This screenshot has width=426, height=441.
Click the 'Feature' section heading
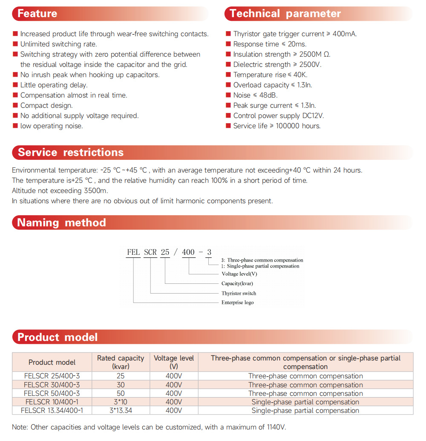pos(37,14)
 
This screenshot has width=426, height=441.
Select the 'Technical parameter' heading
pos(285,14)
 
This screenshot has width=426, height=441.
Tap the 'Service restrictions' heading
pos(71,153)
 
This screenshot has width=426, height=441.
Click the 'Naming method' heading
pos(61,222)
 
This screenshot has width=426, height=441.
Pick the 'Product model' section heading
pos(58,337)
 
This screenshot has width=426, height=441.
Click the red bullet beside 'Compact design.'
pos(15,105)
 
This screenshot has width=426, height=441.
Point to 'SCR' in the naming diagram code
pos(150,252)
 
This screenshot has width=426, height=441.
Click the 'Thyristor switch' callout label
pos(239,293)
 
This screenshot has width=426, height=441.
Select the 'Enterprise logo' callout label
pos(237,303)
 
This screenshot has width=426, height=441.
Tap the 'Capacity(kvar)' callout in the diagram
pos(237,283)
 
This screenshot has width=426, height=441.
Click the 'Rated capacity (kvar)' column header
pos(121,362)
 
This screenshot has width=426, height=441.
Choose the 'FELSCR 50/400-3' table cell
pos(52,393)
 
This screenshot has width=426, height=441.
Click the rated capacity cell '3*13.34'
pos(121,410)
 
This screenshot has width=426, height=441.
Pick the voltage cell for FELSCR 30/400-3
pos(174,385)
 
